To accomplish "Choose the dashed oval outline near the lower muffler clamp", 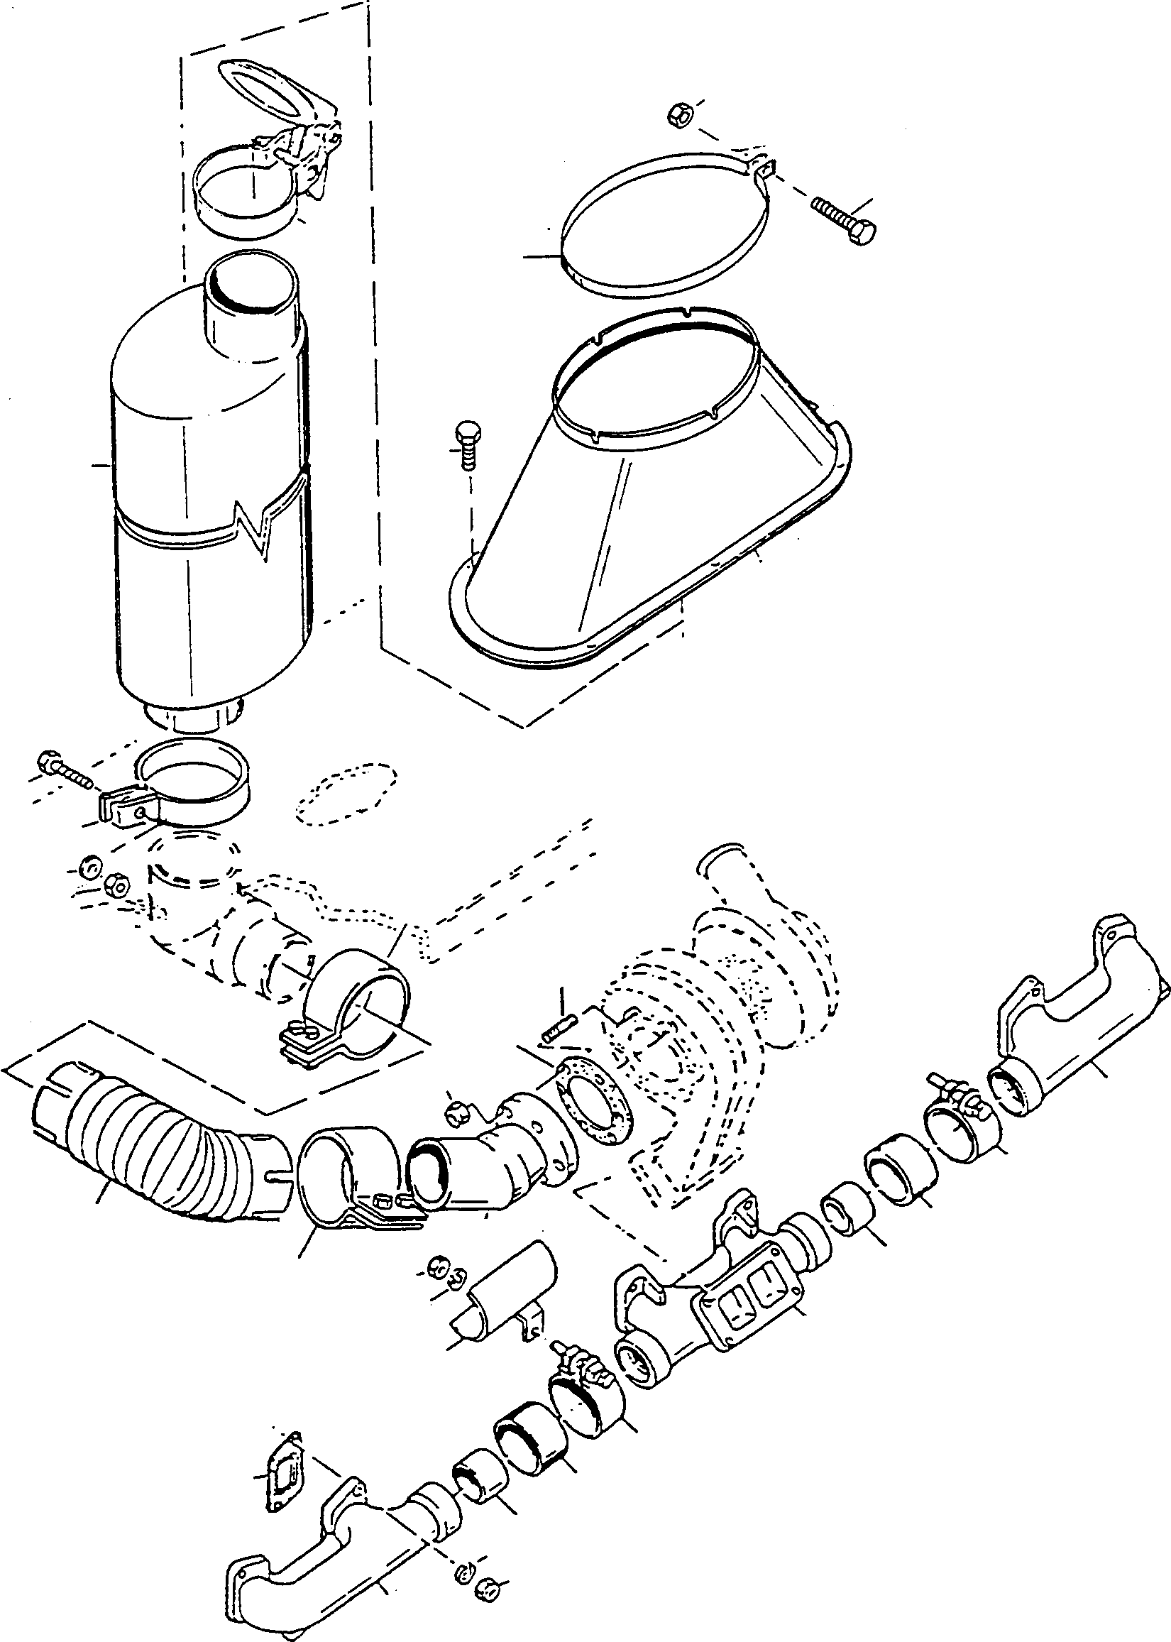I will coord(346,793).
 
